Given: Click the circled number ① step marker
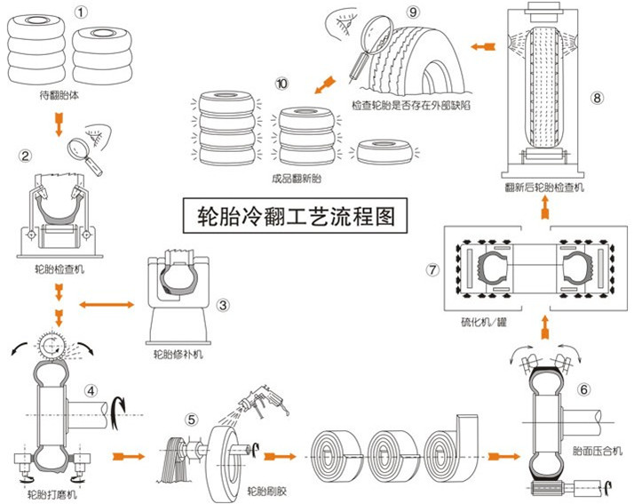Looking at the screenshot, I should coord(82,12).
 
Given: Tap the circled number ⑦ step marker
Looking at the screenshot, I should coord(432,269).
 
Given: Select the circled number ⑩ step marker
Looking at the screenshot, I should coord(282,84).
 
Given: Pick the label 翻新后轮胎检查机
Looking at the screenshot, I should coord(543,187).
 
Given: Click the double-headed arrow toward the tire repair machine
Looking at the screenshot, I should coord(105,306).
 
